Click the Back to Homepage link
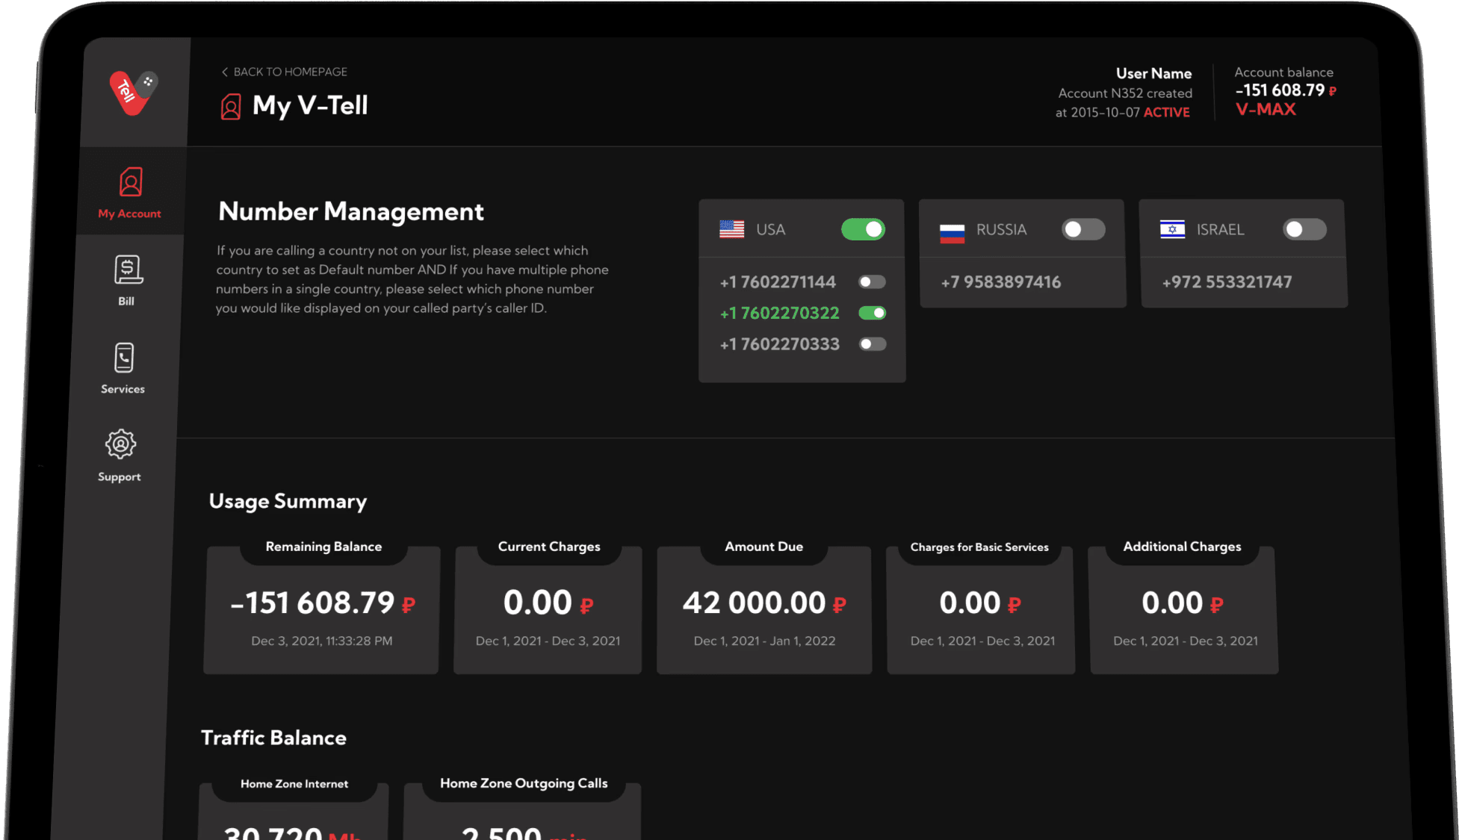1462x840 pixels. click(285, 72)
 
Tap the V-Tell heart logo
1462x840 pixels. click(132, 92)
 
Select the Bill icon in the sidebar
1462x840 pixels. click(128, 270)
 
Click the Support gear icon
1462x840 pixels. click(120, 445)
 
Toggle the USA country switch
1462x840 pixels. click(863, 229)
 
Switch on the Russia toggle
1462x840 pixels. click(1083, 229)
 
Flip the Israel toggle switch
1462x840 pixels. click(1304, 229)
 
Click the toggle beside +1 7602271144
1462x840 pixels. click(872, 282)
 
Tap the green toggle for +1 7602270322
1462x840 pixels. click(872, 313)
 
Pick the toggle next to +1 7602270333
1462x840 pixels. click(872, 344)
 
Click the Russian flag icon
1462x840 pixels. click(952, 232)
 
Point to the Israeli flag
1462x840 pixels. click(1172, 229)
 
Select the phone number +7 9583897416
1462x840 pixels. click(1000, 282)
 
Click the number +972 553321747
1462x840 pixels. click(1227, 282)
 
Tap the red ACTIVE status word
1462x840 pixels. click(1166, 113)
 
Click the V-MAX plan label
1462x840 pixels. click(1266, 110)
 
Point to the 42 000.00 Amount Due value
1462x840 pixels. click(755, 603)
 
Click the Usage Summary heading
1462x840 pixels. click(288, 501)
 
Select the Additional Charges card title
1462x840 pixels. click(1182, 547)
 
